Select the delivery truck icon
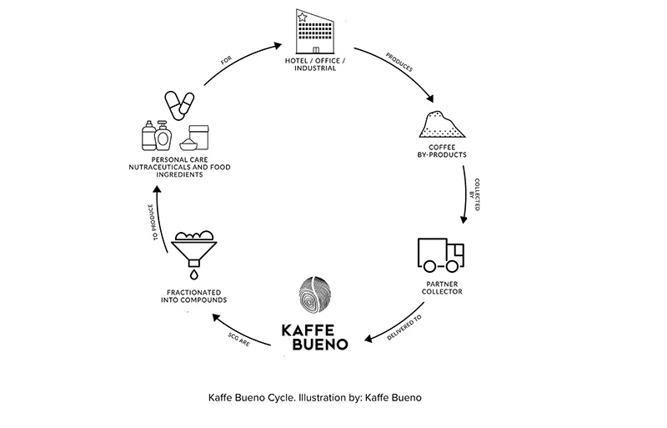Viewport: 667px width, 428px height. tap(440, 256)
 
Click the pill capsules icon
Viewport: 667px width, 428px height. tap(178, 104)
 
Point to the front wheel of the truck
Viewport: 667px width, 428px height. tap(454, 266)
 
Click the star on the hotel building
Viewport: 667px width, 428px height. tap(302, 16)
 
